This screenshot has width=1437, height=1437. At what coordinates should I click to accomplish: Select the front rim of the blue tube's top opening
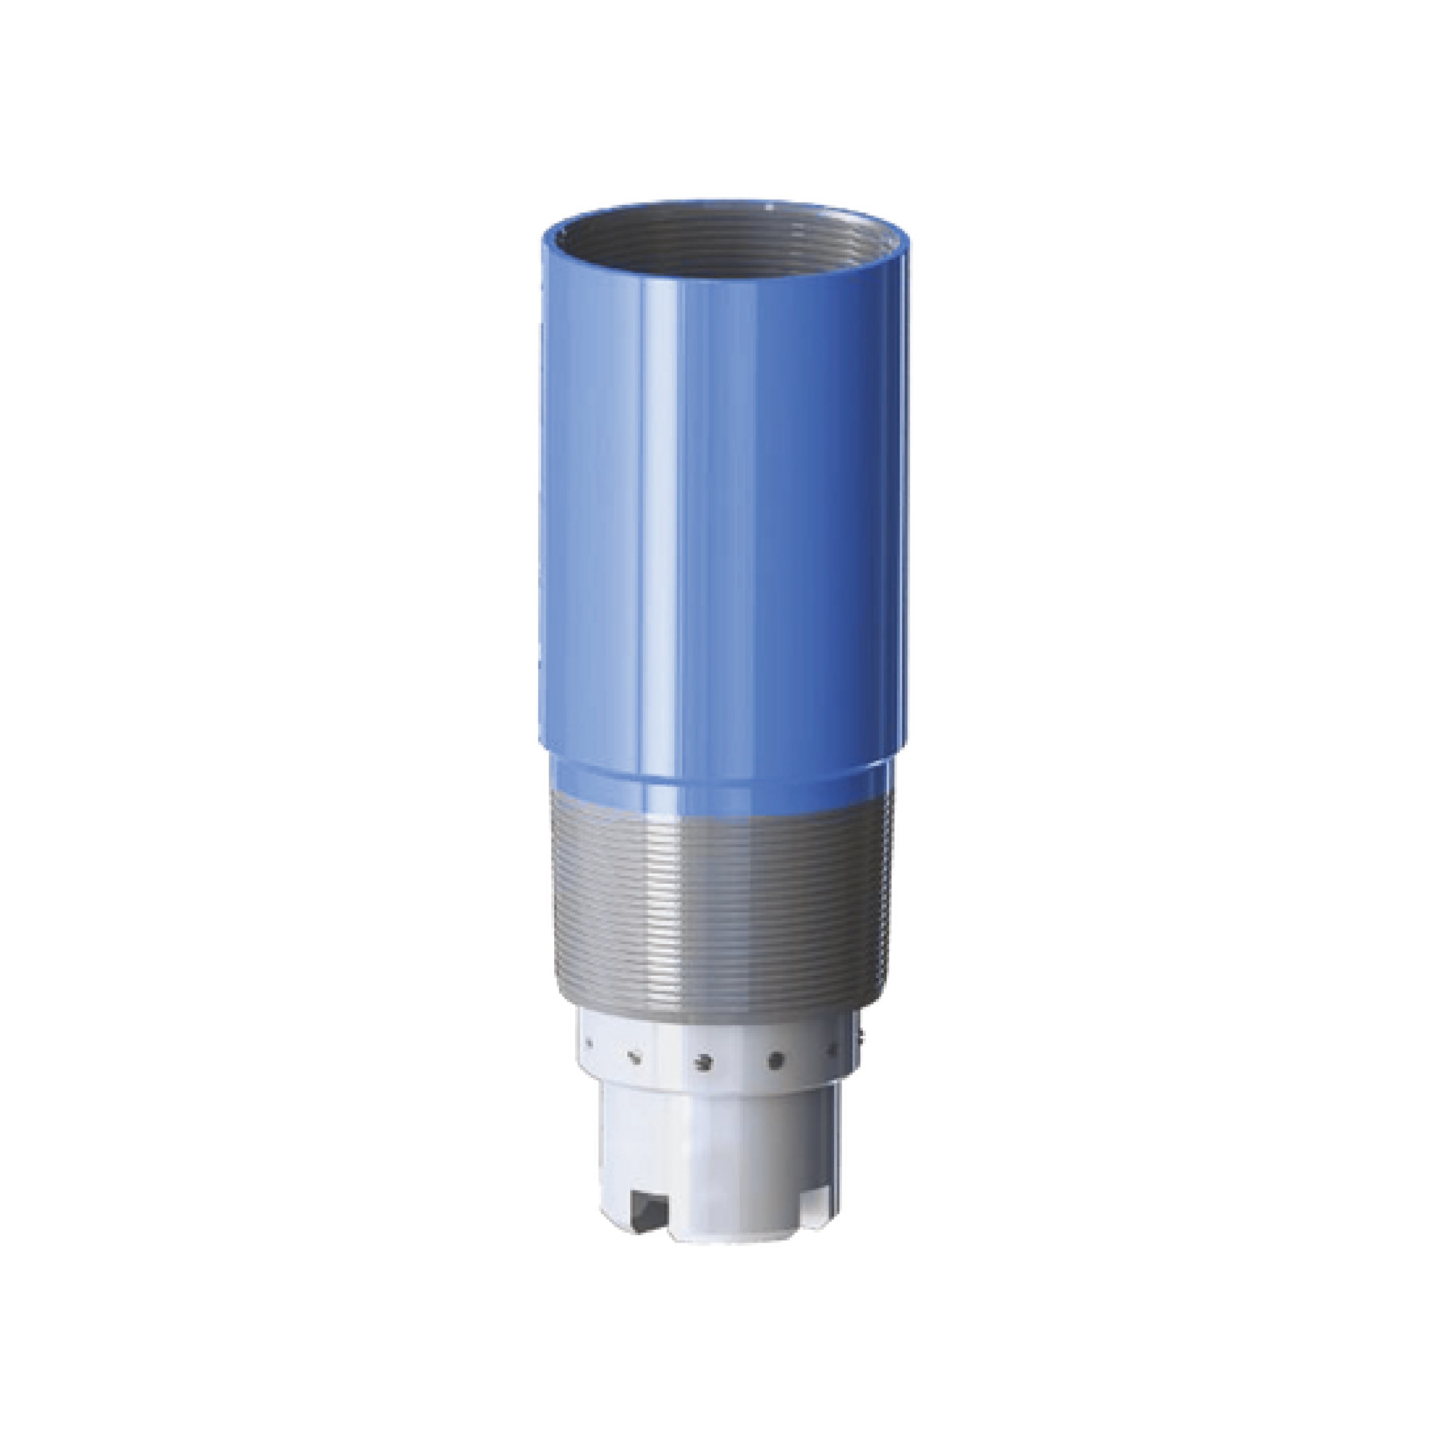(714, 279)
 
